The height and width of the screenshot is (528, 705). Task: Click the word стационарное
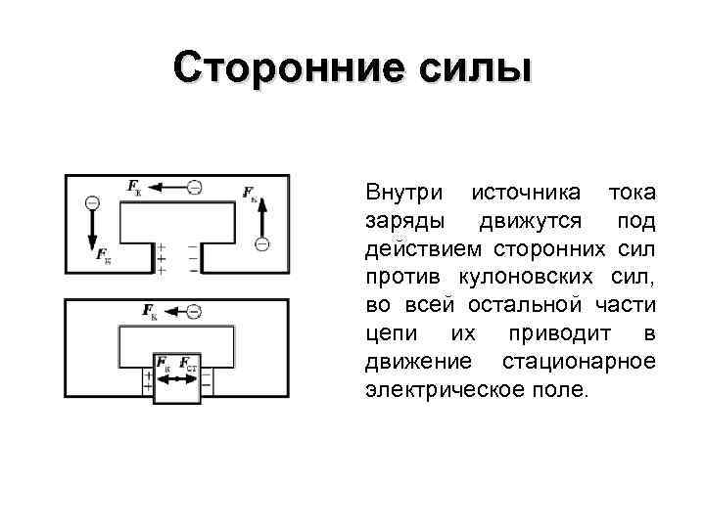point(579,362)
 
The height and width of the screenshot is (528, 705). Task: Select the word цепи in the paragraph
point(387,333)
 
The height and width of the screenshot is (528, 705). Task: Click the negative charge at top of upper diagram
point(195,186)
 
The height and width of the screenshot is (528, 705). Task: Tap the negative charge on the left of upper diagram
point(92,202)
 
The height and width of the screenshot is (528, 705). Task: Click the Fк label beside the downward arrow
point(104,256)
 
